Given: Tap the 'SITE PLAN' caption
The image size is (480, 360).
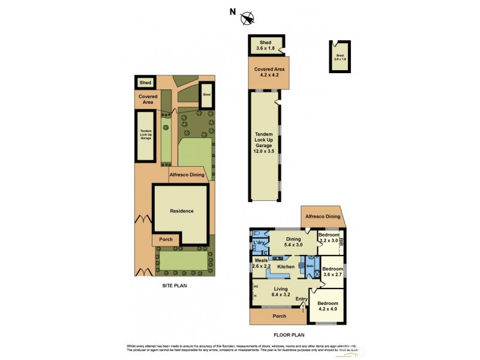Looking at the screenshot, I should pyautogui.click(x=175, y=286).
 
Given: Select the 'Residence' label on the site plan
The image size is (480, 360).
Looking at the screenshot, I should pyautogui.click(x=181, y=211).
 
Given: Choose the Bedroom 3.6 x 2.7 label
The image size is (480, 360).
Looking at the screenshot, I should pyautogui.click(x=332, y=272).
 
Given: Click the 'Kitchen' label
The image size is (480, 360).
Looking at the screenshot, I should pyautogui.click(x=286, y=266).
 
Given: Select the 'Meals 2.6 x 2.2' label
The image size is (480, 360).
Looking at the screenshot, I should pyautogui.click(x=261, y=263).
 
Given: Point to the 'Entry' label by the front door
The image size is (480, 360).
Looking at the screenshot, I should pyautogui.click(x=301, y=299).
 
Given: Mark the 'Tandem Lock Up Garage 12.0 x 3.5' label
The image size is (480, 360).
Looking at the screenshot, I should pyautogui.click(x=264, y=143).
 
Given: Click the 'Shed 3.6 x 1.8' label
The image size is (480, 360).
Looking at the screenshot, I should pyautogui.click(x=264, y=45).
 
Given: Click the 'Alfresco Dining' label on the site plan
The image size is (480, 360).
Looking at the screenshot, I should pyautogui.click(x=187, y=175).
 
